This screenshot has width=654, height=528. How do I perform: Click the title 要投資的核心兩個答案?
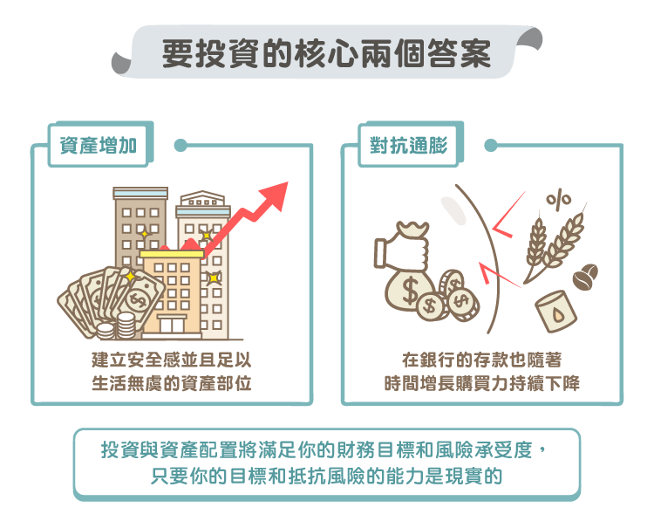tap(327, 54)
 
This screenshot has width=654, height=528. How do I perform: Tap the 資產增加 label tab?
tap(99, 146)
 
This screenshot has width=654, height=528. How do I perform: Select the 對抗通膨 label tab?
tap(409, 146)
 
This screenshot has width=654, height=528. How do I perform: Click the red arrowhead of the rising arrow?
tap(276, 195)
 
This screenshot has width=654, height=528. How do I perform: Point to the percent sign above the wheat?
tap(559, 199)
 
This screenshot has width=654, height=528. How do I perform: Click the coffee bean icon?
tap(586, 277)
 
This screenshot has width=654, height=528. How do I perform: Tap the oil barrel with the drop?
tap(556, 312)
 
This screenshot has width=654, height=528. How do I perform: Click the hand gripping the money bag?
tap(402, 251)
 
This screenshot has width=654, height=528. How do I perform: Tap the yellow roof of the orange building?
tap(172, 254)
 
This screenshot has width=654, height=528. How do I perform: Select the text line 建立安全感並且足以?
tap(172, 360)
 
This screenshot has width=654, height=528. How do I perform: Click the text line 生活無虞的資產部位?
tap(172, 383)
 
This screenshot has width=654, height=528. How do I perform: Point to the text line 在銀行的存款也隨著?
tap(482, 360)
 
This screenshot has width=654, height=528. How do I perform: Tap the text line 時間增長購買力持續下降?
tap(482, 383)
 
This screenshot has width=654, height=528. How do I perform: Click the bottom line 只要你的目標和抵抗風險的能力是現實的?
tap(327, 476)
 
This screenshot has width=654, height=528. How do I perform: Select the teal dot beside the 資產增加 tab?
tap(181, 145)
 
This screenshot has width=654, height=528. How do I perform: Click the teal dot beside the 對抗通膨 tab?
tap(491, 145)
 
